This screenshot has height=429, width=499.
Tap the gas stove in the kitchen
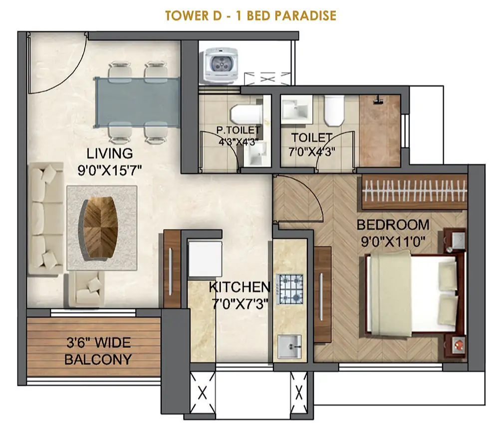click(x=289, y=289)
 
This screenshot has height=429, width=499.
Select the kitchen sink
click(x=289, y=346)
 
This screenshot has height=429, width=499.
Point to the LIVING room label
click(x=110, y=153)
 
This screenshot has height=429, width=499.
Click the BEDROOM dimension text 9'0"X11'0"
click(x=393, y=242)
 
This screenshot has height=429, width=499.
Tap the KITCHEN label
click(x=240, y=287)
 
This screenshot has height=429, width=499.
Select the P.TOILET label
click(x=238, y=130)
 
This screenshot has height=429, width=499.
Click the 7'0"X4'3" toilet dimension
click(x=312, y=152)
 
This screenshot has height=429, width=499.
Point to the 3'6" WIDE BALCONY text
click(x=98, y=351)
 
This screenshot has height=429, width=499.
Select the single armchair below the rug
click(x=85, y=288)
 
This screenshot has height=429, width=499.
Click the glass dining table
click(x=138, y=102)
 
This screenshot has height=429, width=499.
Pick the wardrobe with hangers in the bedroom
click(x=414, y=192)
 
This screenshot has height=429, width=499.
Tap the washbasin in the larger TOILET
click(x=295, y=110)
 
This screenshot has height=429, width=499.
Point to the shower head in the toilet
click(x=378, y=100)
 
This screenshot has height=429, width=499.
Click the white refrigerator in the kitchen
click(x=205, y=259)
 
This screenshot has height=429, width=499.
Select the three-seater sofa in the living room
click(x=45, y=219)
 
